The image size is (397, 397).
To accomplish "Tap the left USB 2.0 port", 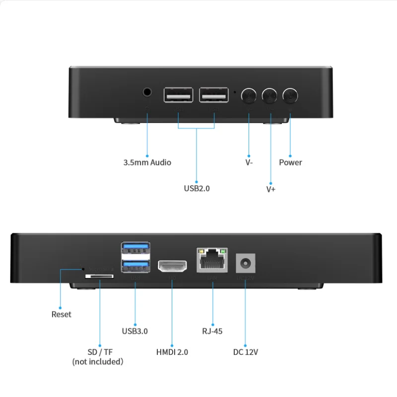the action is pos(179,94).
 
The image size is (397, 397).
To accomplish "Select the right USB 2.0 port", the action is pos(214,94).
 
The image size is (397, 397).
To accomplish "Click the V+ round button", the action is pos(270,94).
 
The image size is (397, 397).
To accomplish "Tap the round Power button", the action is pos(290,94).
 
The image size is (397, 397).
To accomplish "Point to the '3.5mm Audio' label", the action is pos(147,162).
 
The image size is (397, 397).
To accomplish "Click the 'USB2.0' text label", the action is pos(197,188).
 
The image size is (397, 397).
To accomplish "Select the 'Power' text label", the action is pos(290,162).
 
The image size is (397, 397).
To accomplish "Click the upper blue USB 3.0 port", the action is pos(135,247).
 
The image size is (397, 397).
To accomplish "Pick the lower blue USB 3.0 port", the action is pos(135,265).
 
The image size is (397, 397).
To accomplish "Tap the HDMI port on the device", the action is pos(172,266).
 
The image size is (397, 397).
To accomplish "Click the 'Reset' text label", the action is pos(62,314).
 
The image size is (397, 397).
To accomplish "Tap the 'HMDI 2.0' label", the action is pos(172,352).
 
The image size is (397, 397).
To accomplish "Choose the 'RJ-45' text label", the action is pos(212,331).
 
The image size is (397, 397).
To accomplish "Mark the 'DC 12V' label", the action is pos(246,352).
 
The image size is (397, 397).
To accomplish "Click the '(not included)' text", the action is pos(98,361).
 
